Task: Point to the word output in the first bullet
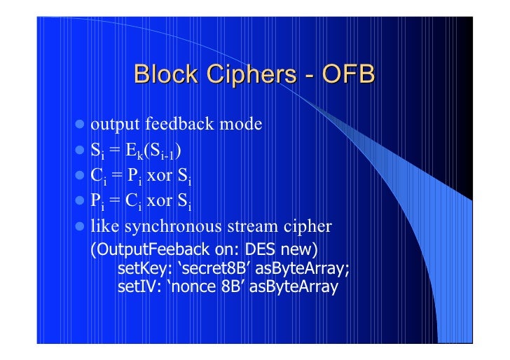[x=115, y=125]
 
